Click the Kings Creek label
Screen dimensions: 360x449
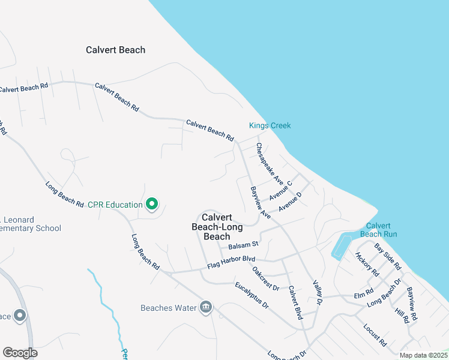click(x=270, y=125)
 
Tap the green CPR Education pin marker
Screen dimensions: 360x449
click(x=152, y=205)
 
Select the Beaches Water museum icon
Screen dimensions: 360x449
click(x=206, y=307)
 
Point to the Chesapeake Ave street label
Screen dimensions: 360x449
click(x=270, y=163)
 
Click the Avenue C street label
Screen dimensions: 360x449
click(x=280, y=190)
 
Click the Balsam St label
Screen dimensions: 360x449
click(x=243, y=244)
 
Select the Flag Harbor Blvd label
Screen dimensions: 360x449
click(x=232, y=262)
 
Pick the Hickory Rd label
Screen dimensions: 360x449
click(x=367, y=263)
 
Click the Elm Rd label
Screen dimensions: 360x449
click(x=364, y=295)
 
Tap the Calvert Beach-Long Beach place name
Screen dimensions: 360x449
click(x=217, y=227)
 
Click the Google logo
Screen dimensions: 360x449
click(x=20, y=353)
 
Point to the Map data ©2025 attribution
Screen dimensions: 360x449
click(x=423, y=355)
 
